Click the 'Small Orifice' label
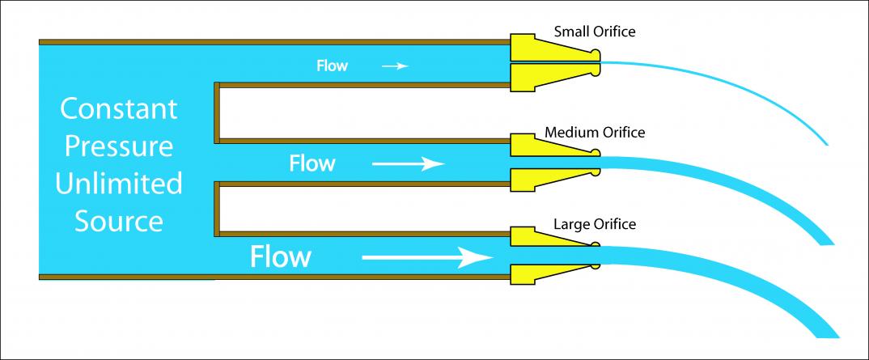coord(595,32)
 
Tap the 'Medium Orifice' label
coord(595,132)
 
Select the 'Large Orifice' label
coord(595,224)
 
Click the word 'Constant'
coord(118,108)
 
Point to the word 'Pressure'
coord(118,146)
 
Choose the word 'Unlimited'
coord(118,184)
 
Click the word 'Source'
coord(118,220)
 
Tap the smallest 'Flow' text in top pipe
coord(332,66)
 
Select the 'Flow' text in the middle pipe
coord(312,163)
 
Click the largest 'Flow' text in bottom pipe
coord(280,257)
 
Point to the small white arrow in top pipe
coord(395,66)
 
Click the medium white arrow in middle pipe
coord(408,164)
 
